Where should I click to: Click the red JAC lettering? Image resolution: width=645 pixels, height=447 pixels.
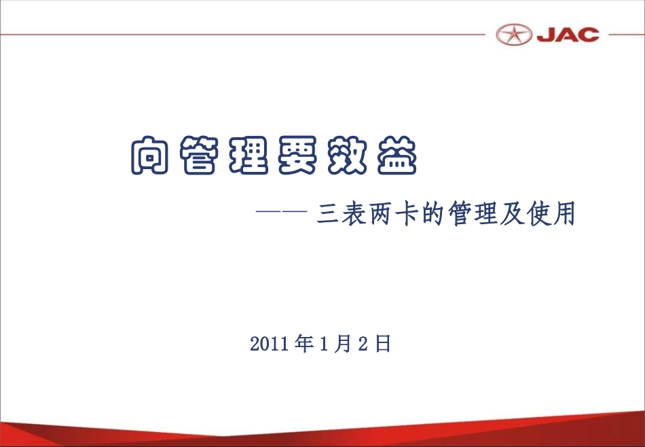click(x=568, y=35)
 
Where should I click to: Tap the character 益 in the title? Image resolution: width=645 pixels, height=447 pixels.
click(x=396, y=157)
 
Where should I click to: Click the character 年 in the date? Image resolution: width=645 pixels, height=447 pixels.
click(x=305, y=344)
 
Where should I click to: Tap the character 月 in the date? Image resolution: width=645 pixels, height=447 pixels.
click(x=343, y=344)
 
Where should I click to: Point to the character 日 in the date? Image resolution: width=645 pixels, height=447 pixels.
click(x=382, y=344)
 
